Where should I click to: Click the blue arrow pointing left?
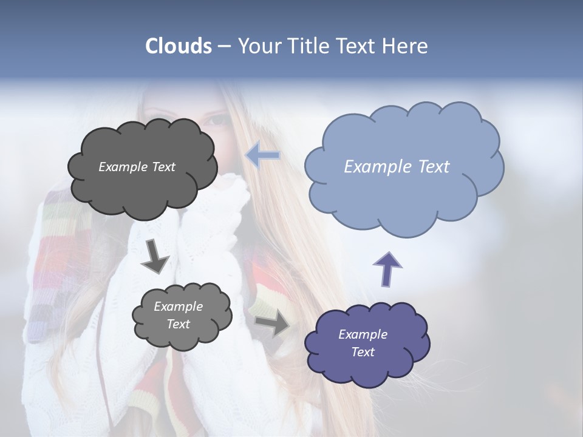pyautogui.click(x=263, y=155)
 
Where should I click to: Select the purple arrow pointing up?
pyautogui.click(x=387, y=269)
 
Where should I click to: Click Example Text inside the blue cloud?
pyautogui.click(x=397, y=167)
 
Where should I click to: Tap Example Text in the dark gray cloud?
pyautogui.click(x=137, y=167)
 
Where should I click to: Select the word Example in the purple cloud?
pyautogui.click(x=363, y=334)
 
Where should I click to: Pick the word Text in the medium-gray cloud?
pyautogui.click(x=178, y=324)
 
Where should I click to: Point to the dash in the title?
pyautogui.click(x=224, y=47)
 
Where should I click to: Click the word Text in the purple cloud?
pyautogui.click(x=363, y=352)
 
